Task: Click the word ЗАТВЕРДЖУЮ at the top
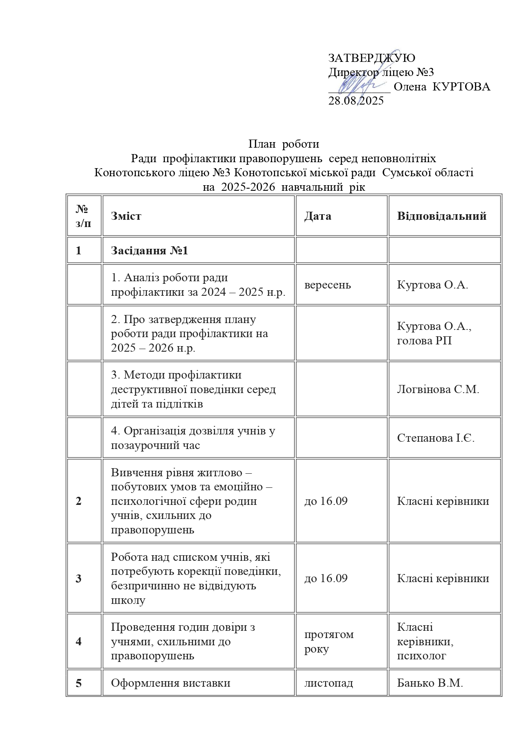coord(371,58)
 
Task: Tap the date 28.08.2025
coord(356,101)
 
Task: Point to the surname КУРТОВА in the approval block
coord(461,87)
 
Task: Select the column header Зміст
coord(126,216)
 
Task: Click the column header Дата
coord(317,216)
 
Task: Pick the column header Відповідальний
coord(442,216)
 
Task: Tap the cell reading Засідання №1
coord(149,251)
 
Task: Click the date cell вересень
coord(328,285)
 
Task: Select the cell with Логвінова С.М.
coord(438,389)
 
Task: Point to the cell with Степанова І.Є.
coord(436,438)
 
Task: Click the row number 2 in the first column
coord(79,501)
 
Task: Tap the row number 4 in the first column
coord(79,641)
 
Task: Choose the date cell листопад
coord(328,683)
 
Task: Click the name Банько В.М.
coord(430,683)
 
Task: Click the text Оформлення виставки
coord(170,683)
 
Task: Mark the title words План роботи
coord(284,144)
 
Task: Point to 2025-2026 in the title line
coord(248,187)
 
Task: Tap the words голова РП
coord(424,341)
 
